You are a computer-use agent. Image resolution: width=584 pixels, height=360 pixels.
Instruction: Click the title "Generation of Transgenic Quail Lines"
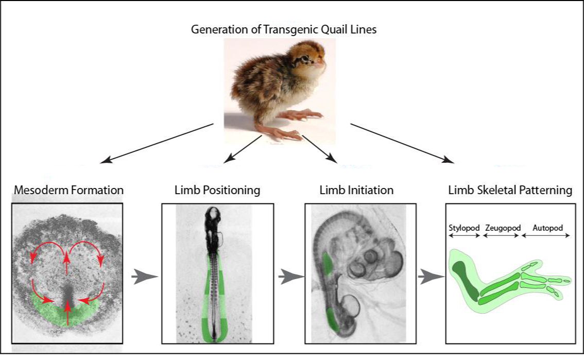tap(284, 29)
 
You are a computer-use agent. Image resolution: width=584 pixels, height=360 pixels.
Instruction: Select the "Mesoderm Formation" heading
tap(68, 190)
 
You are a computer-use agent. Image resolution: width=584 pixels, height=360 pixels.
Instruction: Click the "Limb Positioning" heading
tap(217, 190)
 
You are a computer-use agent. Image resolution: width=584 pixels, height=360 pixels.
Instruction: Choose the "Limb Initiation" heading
tap(356, 190)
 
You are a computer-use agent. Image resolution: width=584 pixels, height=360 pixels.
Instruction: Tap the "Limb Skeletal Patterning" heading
tap(509, 190)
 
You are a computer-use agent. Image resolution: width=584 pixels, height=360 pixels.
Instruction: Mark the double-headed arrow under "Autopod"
tap(546, 235)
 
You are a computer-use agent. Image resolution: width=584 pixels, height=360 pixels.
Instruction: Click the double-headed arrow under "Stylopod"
tap(463, 235)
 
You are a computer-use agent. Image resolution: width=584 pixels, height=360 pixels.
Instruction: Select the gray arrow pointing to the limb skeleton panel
tap(428, 278)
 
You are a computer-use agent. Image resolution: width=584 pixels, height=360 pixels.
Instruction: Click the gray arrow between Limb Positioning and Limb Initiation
tap(288, 278)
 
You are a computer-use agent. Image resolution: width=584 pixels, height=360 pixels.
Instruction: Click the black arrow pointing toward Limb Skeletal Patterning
tap(402, 143)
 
